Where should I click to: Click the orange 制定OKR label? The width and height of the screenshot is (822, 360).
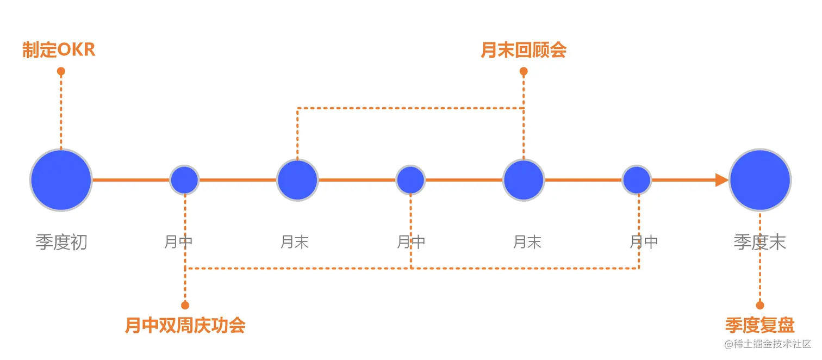point(59,50)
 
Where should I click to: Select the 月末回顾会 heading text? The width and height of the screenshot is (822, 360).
point(524,50)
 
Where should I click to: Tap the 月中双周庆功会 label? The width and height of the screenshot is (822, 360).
point(185,325)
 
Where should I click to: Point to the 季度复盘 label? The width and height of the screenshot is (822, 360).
point(760,325)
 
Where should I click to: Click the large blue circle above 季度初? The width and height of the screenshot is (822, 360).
point(61,180)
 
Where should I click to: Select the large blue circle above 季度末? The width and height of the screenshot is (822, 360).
point(760,180)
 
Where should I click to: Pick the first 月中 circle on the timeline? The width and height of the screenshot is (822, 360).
point(185,180)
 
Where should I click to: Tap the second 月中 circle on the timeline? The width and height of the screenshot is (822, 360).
point(410,180)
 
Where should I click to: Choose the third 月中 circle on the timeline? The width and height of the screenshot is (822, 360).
point(637,180)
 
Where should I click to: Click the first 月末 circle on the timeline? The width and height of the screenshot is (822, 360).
point(297,180)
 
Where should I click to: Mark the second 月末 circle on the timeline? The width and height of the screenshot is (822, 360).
point(524,180)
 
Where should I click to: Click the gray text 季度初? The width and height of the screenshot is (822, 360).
point(61,242)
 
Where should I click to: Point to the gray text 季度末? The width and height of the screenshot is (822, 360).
point(760,242)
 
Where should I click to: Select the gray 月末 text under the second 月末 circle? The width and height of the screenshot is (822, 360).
point(527,242)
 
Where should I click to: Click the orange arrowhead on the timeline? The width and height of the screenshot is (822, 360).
point(721,180)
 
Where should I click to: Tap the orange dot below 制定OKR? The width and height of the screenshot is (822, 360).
point(61,71)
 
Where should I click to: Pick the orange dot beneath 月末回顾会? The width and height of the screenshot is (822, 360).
point(524,71)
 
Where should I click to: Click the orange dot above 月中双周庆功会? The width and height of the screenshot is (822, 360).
point(185,305)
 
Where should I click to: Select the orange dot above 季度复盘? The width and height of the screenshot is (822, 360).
point(760,305)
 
